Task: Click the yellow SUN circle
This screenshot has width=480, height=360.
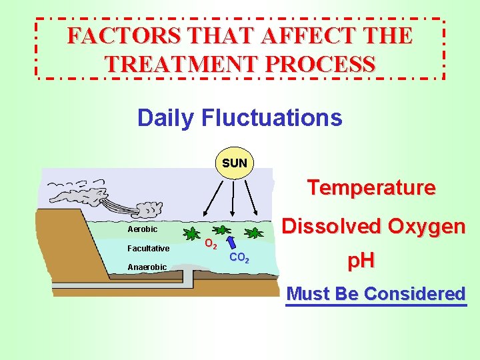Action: point(235,163)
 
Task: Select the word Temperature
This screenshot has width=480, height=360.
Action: point(371,188)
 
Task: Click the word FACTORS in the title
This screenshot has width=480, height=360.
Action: point(107,36)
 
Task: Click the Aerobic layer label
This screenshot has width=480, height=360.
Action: point(143,229)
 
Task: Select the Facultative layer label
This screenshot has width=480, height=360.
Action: point(148,249)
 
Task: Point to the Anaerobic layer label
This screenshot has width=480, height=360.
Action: point(147,267)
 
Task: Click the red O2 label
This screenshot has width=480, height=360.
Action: point(210,245)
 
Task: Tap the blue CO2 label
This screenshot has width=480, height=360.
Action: point(239,258)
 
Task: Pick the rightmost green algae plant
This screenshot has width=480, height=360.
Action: point(254,233)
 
